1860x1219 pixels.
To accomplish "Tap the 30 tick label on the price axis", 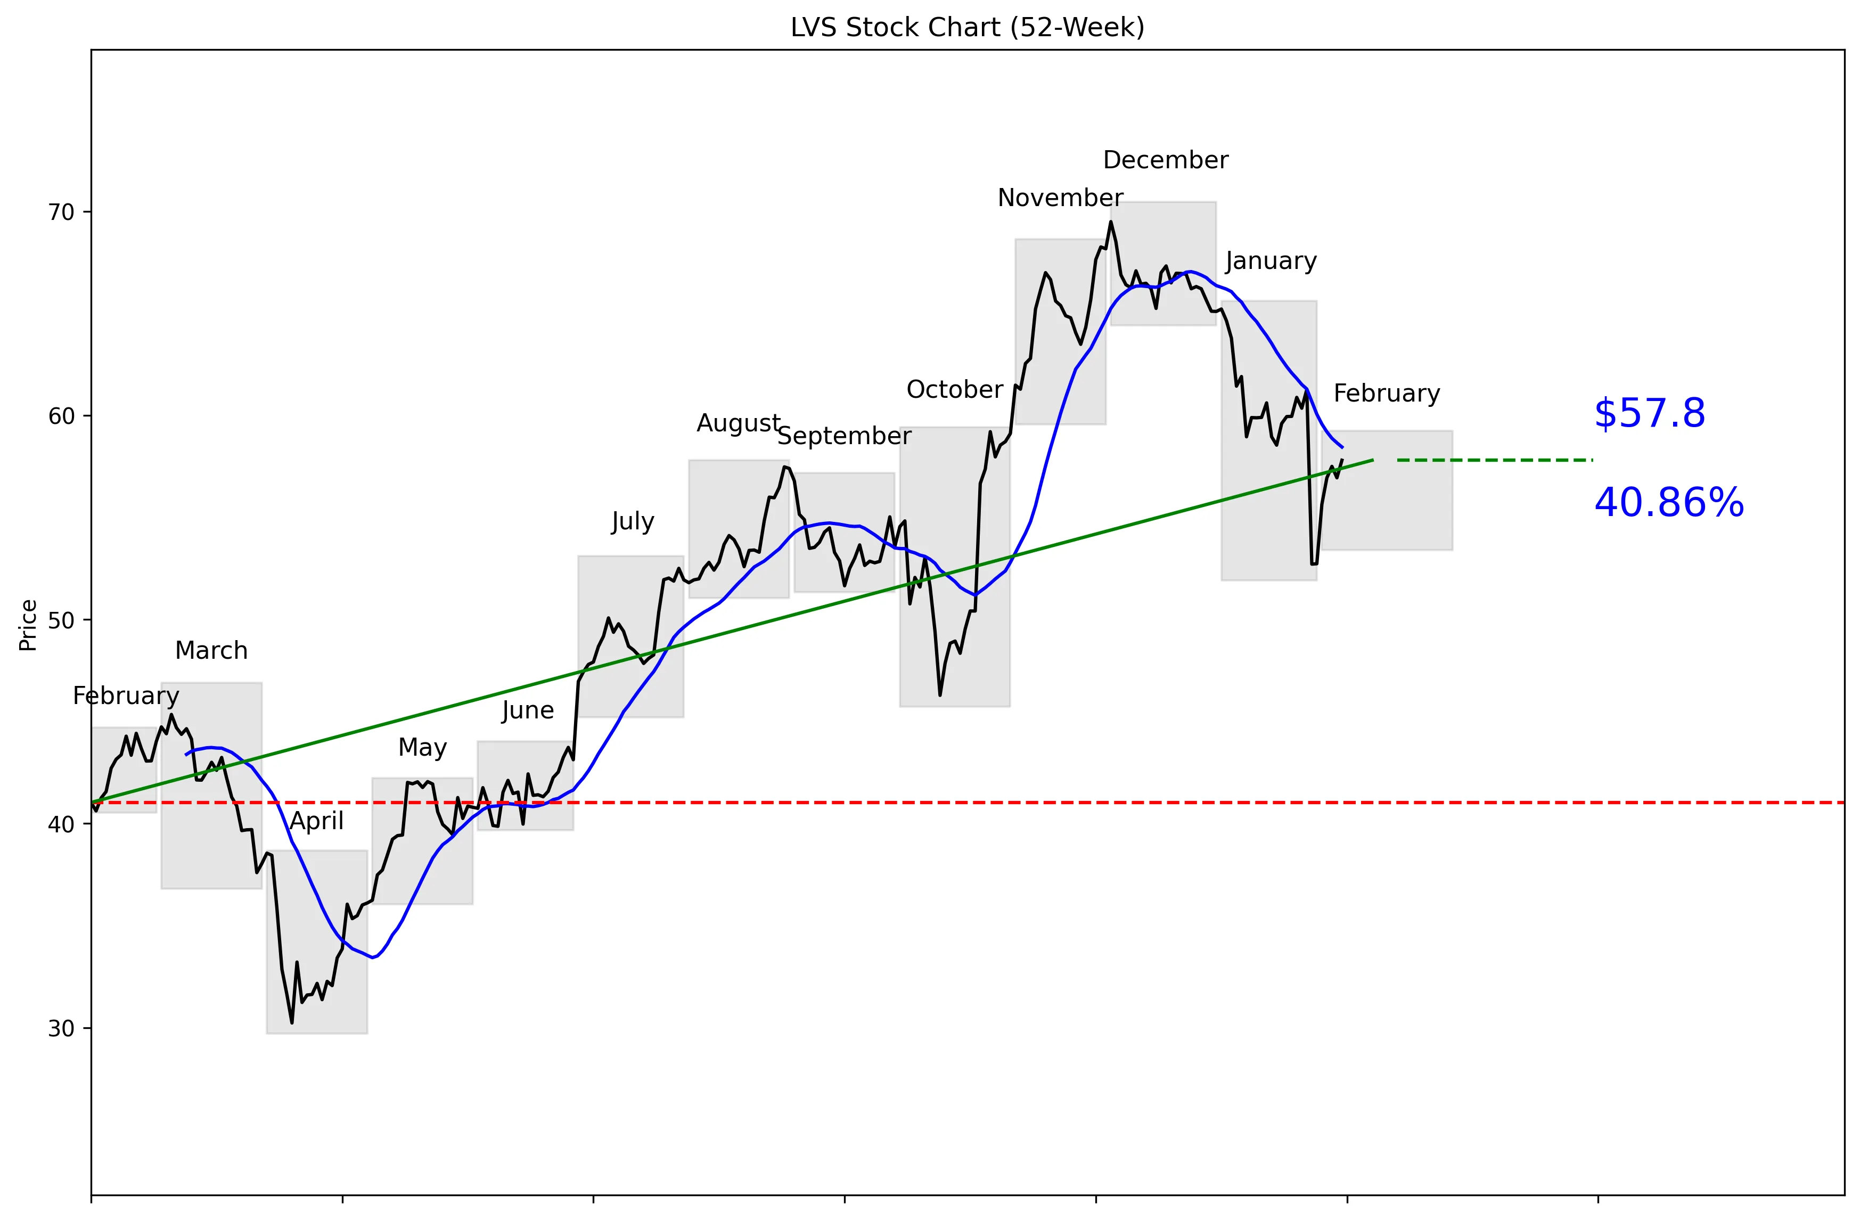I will click(x=60, y=1028).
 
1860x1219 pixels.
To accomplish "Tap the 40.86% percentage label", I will click(x=1668, y=502).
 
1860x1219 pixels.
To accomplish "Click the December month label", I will click(x=1165, y=160).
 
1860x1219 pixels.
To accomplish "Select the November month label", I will click(x=1060, y=198).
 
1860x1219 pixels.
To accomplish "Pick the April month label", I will click(x=316, y=821).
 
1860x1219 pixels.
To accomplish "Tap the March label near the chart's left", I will click(x=211, y=650).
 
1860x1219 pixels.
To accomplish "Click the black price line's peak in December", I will click(x=1111, y=222).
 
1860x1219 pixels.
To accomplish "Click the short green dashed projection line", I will click(x=1494, y=460).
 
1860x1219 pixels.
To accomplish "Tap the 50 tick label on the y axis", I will click(x=60, y=620).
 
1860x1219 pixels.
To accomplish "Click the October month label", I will click(x=954, y=389).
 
